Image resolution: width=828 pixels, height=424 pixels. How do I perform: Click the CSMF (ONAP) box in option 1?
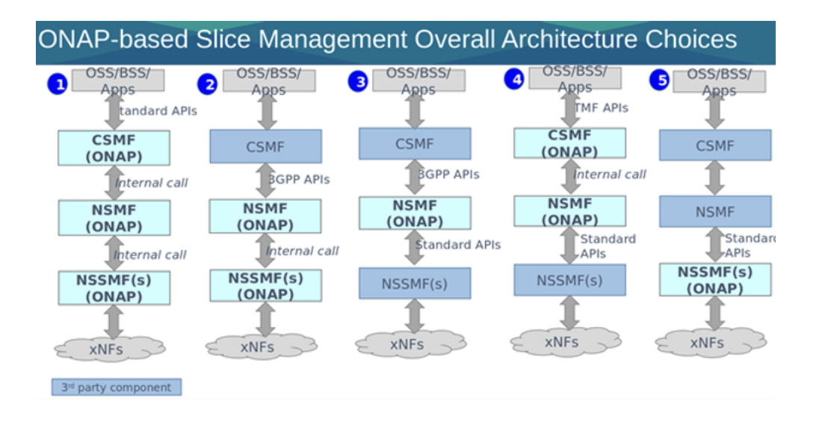click(x=114, y=148)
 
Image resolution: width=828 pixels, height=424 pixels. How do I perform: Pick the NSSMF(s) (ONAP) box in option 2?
click(x=265, y=285)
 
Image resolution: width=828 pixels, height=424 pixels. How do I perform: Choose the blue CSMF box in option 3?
click(x=415, y=144)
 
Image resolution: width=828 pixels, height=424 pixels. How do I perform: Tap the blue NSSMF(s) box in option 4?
click(x=569, y=280)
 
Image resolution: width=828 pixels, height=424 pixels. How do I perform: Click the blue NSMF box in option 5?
click(x=715, y=212)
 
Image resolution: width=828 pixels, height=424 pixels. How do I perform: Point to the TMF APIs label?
click(x=602, y=108)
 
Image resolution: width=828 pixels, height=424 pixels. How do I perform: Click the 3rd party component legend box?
click(x=117, y=387)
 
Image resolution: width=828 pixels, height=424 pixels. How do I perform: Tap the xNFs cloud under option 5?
click(x=711, y=343)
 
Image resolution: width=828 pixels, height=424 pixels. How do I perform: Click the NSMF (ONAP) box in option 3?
click(x=415, y=213)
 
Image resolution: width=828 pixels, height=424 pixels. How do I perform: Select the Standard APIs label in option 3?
click(x=459, y=245)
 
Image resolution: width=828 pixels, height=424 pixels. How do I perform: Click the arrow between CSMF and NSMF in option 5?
click(x=715, y=178)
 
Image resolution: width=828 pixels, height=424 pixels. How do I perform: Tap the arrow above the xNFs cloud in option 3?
click(x=415, y=316)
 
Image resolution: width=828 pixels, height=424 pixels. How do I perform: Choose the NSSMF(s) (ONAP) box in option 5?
click(x=715, y=280)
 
